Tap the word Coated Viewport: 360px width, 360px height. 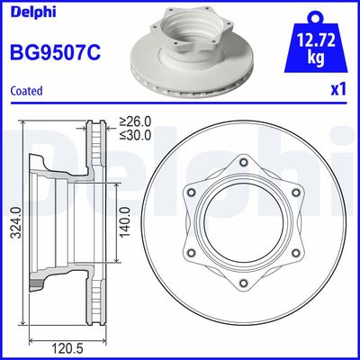(26, 91)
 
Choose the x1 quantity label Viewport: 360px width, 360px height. (338, 91)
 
